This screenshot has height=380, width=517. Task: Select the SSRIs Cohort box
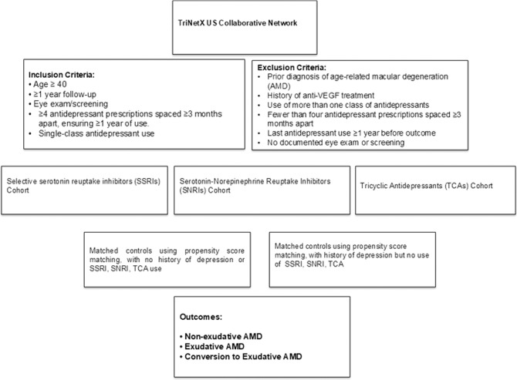tap(83, 185)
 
